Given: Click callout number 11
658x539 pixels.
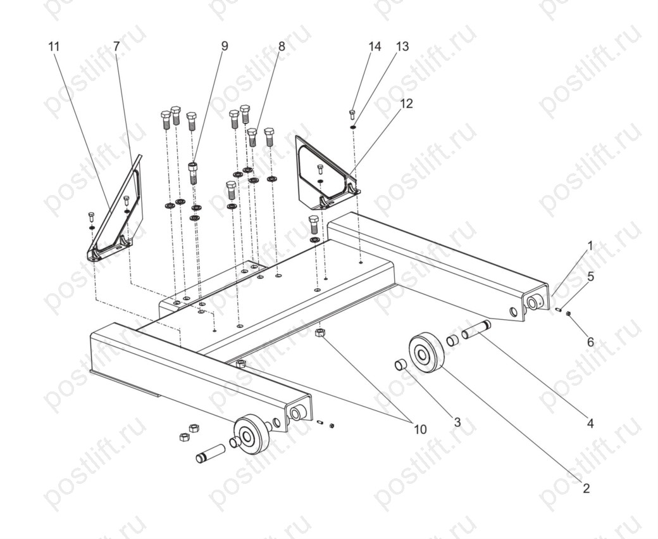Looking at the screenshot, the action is click(x=54, y=46).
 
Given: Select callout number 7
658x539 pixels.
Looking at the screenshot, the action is click(x=116, y=46).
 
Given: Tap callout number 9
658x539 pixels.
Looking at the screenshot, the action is click(x=225, y=46).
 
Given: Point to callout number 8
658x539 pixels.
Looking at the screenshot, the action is click(x=282, y=46).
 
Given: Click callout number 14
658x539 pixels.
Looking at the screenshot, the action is click(x=375, y=46).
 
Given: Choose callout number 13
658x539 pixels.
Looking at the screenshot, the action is click(x=402, y=46).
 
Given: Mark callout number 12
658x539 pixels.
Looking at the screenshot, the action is click(x=406, y=103).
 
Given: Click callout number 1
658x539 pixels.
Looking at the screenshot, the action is click(x=590, y=246).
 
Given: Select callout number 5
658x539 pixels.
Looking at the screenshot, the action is click(x=590, y=276).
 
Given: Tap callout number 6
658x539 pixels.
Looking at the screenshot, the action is click(x=590, y=342).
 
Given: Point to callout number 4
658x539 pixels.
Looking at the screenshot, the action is click(x=590, y=424).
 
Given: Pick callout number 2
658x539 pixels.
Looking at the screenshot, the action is click(x=587, y=488).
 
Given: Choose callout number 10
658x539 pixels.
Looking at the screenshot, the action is click(x=420, y=429).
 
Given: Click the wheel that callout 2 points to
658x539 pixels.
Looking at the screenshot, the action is click(x=426, y=352).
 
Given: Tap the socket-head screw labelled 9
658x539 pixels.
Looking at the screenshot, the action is click(x=193, y=173).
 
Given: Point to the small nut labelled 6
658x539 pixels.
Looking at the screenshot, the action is click(x=568, y=314).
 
